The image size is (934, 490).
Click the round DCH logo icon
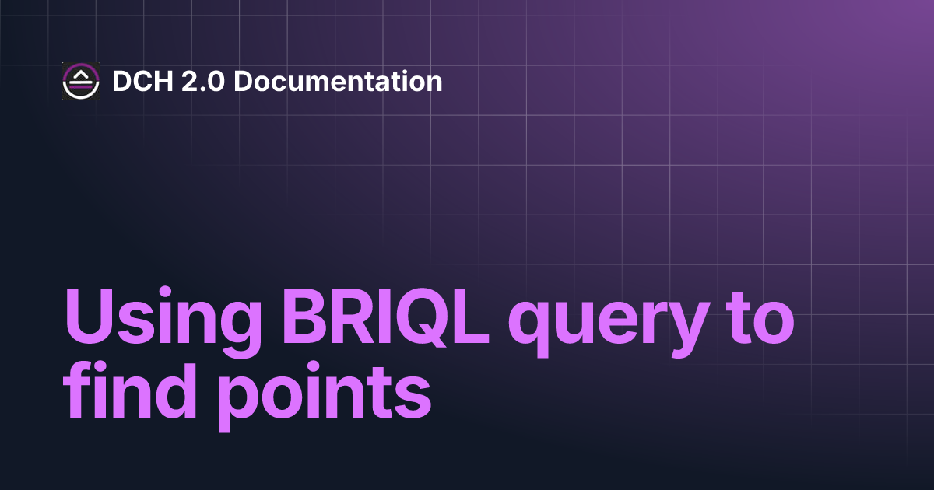click(81, 81)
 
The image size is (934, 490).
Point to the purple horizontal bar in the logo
click(81, 86)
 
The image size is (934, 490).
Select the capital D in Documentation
click(241, 81)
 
